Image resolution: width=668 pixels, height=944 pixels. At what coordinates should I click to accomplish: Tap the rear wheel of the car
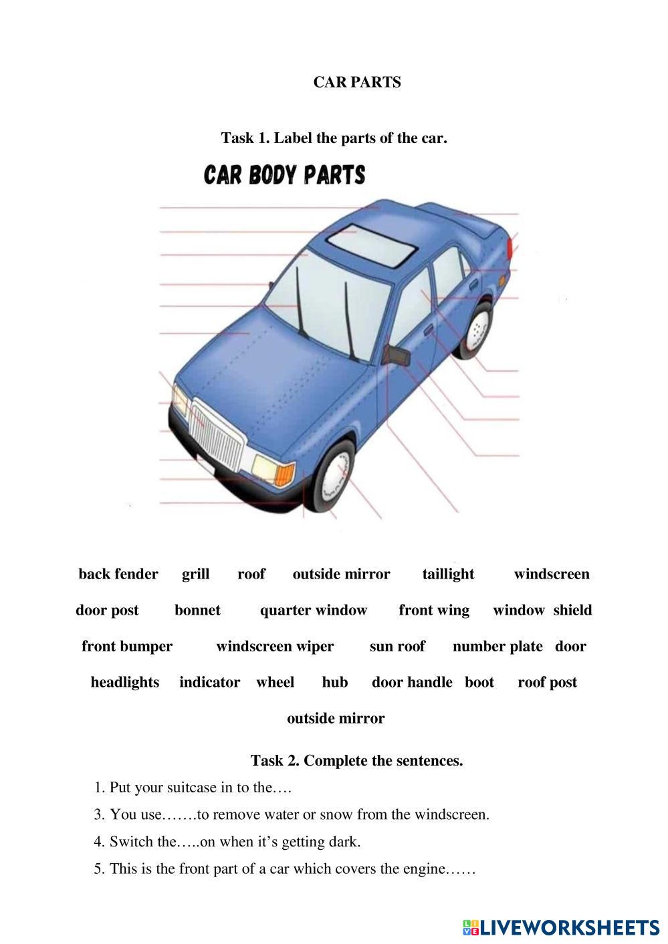point(476,329)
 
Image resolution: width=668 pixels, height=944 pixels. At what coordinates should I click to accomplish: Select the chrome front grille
point(215,434)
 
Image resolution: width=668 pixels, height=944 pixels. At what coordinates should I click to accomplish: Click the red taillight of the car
point(511,248)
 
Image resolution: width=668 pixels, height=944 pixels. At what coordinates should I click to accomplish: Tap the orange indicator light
point(285,474)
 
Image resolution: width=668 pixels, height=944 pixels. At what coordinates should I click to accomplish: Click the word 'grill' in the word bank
point(195,574)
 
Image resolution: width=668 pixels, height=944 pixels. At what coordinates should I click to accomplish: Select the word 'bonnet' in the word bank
point(197,610)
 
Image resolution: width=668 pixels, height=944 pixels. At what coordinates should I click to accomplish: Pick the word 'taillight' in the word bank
point(448,574)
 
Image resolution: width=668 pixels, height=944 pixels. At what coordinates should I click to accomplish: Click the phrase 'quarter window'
point(314,610)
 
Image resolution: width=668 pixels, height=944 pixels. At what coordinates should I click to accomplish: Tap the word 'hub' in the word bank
point(334,682)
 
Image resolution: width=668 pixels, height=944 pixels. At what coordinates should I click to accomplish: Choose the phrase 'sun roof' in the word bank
point(397,646)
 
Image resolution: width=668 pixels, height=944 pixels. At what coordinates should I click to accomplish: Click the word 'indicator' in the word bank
point(209,682)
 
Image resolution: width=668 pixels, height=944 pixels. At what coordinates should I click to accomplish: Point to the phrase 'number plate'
point(497,646)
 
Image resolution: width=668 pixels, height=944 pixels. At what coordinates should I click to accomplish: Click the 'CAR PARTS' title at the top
point(357,82)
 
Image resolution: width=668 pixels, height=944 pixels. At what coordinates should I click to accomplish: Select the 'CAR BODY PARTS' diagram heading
point(285,175)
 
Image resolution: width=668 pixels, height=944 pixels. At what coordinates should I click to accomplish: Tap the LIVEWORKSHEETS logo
point(560,927)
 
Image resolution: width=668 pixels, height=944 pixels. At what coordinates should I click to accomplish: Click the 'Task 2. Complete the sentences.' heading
point(356,760)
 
